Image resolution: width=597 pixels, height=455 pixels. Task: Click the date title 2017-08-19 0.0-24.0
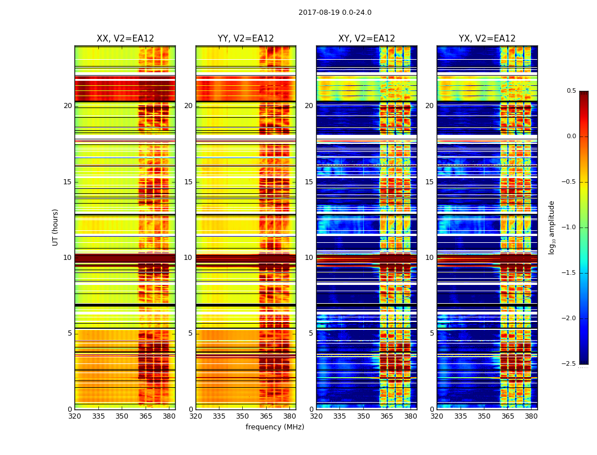click(335, 13)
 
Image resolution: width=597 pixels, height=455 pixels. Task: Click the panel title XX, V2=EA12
click(125, 39)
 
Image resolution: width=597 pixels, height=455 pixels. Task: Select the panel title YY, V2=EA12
click(246, 39)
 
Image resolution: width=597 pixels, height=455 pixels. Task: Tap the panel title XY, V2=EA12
click(367, 39)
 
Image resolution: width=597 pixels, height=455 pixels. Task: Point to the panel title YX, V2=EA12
click(487, 39)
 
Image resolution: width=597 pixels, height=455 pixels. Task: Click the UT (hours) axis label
click(56, 227)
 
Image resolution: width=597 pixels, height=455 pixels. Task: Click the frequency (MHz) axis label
click(275, 427)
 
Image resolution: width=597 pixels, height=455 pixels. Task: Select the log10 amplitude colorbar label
click(552, 227)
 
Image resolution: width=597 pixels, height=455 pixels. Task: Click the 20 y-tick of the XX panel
click(68, 106)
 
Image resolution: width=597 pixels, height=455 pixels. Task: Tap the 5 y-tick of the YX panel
click(432, 333)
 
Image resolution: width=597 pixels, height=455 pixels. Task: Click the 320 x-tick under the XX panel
click(74, 416)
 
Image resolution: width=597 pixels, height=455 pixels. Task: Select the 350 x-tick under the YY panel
click(243, 416)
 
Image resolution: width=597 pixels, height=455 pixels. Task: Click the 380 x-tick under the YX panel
click(531, 416)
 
